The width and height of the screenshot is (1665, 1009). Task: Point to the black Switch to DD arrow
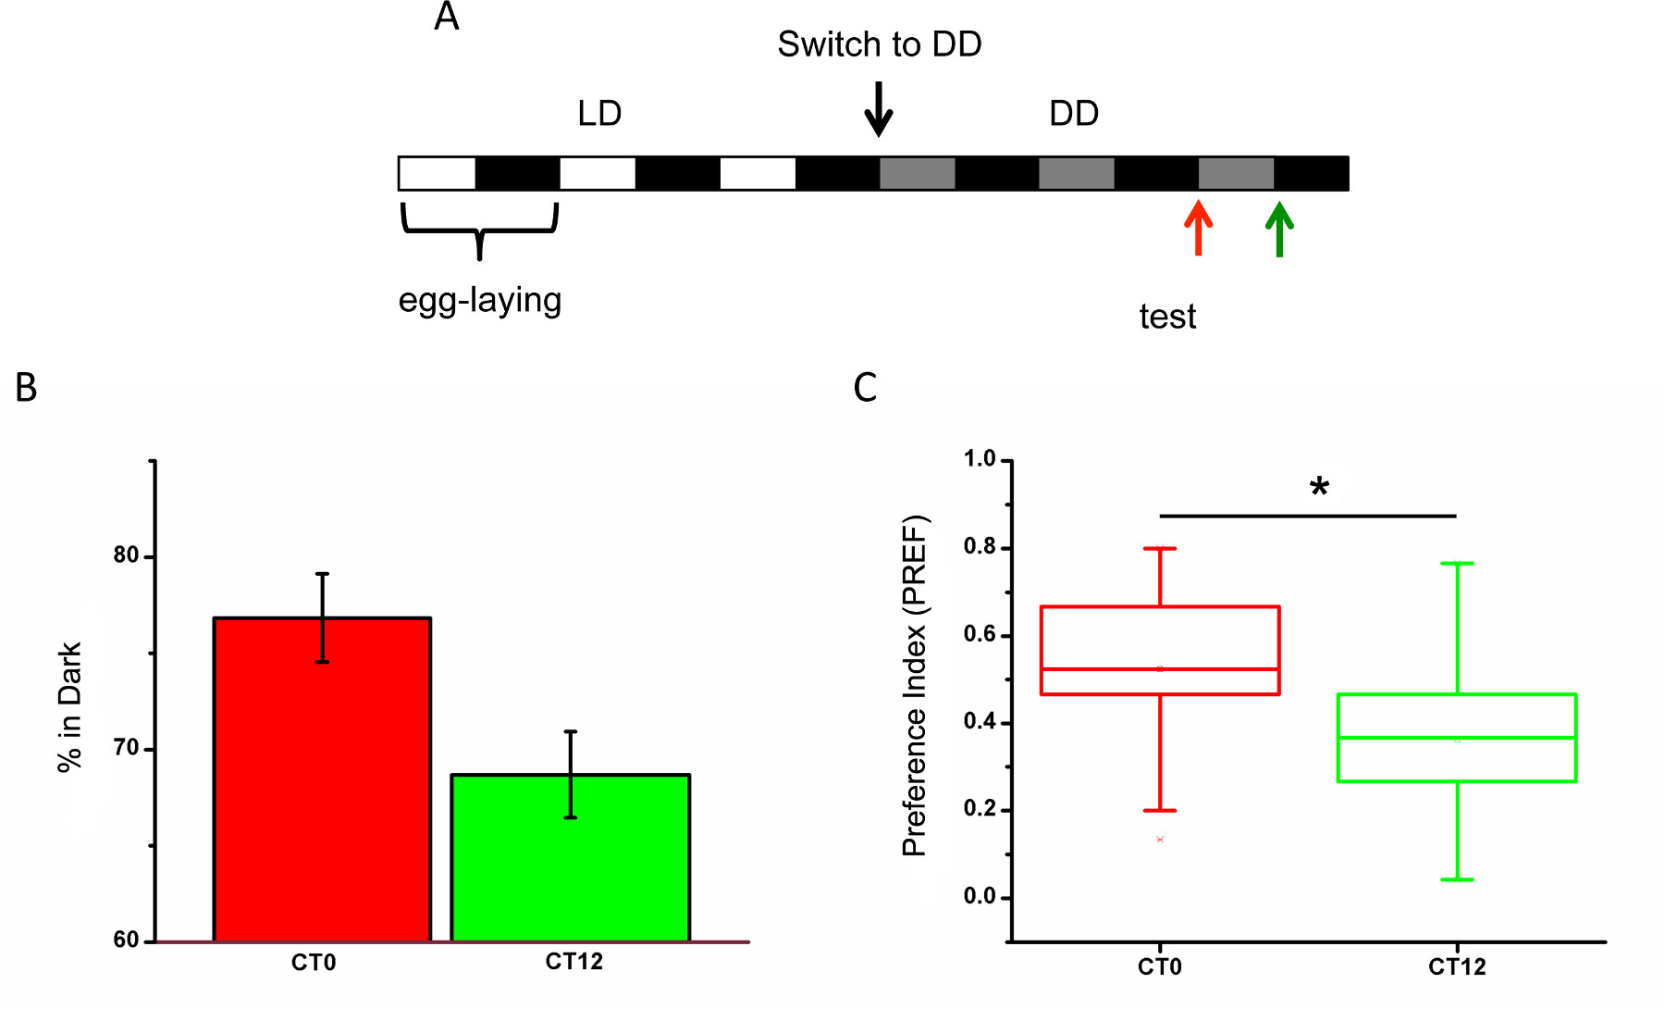point(878,109)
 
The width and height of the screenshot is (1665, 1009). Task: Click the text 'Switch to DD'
point(879,44)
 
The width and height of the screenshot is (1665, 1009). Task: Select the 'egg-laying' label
point(479,301)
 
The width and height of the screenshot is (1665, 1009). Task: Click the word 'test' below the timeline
point(1167,318)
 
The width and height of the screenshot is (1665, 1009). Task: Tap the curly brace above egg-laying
point(479,230)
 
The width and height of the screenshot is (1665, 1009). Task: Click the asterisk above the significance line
point(1319,487)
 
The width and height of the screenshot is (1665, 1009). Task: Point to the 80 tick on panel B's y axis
point(126,555)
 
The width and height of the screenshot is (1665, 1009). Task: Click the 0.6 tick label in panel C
point(980,635)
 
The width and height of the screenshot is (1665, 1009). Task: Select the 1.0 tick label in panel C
point(980,459)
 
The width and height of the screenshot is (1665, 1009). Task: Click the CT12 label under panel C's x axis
point(1457,967)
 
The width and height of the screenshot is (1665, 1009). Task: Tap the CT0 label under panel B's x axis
point(314,964)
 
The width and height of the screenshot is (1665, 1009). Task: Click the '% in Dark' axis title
point(70,706)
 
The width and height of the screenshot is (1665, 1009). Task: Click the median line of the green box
point(1457,738)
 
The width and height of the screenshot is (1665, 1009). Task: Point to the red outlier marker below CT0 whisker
point(1160,840)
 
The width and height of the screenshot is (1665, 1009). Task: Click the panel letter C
point(865,388)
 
